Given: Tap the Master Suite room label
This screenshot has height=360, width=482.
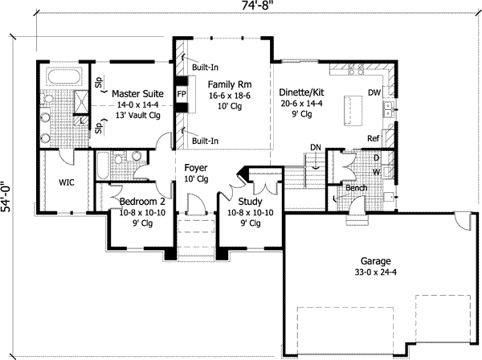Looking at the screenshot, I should point(138,93).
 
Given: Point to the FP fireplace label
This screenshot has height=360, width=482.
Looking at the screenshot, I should point(181,94).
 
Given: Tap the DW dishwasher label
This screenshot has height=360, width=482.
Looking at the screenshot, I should point(374,93).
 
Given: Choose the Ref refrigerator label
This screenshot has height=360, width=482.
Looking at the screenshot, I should point(373,138).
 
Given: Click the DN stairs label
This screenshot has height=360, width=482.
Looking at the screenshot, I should point(315,146).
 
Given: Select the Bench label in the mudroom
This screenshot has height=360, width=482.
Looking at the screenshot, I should point(356,188).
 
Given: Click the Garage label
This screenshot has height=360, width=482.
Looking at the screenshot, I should point(375,261).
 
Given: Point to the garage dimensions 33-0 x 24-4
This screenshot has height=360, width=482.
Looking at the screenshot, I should point(375,273).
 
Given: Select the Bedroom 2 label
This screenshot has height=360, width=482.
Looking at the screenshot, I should point(138,202).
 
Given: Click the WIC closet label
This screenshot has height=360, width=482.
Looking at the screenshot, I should point(67,182).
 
